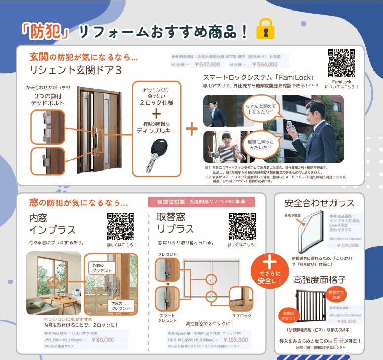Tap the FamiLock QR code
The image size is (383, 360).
coord(341,63)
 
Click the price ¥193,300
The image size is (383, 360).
coord(235,340)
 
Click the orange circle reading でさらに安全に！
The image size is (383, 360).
coord(269,269)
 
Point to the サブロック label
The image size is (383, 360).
coord(242,315)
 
